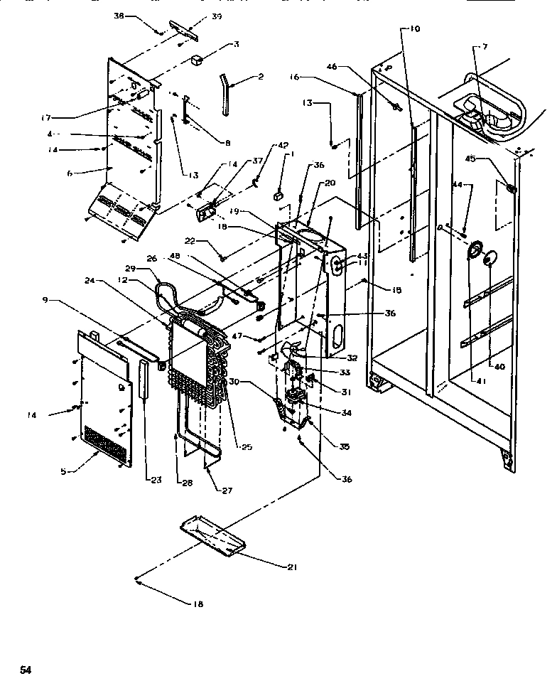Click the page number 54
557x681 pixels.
[26, 669]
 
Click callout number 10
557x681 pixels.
[413, 29]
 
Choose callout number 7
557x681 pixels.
[485, 47]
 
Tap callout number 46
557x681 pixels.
[331, 66]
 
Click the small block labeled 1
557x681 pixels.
[278, 191]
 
